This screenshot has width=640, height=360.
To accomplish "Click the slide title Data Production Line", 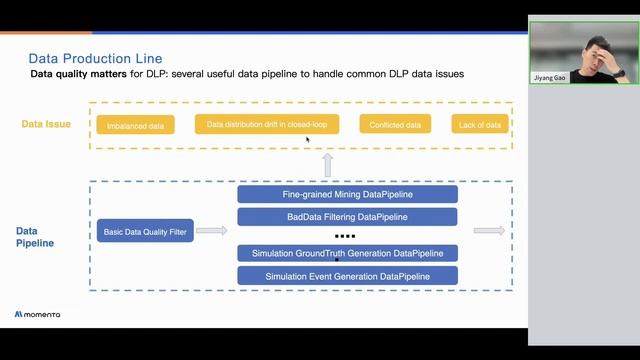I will click(95, 59).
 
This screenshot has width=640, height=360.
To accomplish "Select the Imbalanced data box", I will click(135, 125).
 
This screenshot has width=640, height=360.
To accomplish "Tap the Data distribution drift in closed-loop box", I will click(267, 124).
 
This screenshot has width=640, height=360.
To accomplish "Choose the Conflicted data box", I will click(395, 125).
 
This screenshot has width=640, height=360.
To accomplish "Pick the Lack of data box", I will click(480, 125).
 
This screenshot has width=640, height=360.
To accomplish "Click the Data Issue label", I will click(47, 124).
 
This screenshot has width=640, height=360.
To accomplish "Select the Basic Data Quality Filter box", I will click(145, 232).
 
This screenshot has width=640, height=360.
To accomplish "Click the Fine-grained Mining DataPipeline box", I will click(347, 194).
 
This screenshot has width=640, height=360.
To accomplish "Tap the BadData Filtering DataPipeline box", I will click(347, 216).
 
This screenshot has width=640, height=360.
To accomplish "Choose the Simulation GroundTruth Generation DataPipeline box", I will click(347, 253).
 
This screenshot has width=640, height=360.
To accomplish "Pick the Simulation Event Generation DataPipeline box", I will click(347, 275).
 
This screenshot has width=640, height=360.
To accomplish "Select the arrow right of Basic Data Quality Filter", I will click(211, 232).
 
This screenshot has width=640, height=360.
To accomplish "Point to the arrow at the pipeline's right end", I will click(489, 231).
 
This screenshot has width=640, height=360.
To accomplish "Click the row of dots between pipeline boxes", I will click(346, 236).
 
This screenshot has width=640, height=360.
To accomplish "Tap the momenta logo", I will click(37, 314).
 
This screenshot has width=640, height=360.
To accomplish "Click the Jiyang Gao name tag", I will click(550, 76).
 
